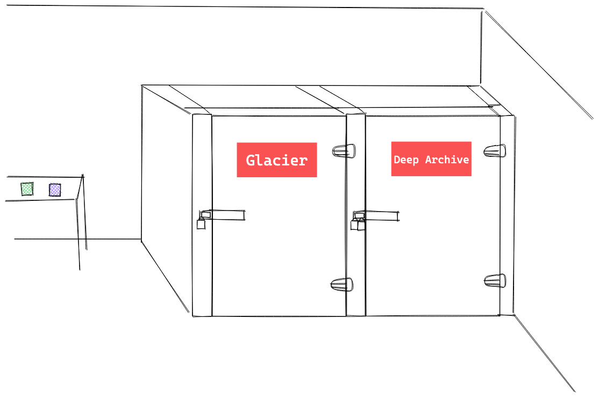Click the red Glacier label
tap(276, 160)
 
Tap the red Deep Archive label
tap(431, 159)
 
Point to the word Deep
tap(406, 160)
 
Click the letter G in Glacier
tap(251, 160)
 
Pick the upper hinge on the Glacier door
tap(344, 150)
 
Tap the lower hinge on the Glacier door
tap(342, 284)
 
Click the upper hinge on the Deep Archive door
tap(495, 151)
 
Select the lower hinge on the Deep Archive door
tap(495, 280)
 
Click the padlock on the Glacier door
tap(201, 223)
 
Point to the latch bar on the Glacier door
tap(226, 215)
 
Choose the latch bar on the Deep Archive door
tap(380, 215)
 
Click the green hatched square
tap(27, 189)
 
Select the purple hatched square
tap(55, 190)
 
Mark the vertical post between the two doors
tap(355, 215)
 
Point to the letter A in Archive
tap(429, 160)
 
